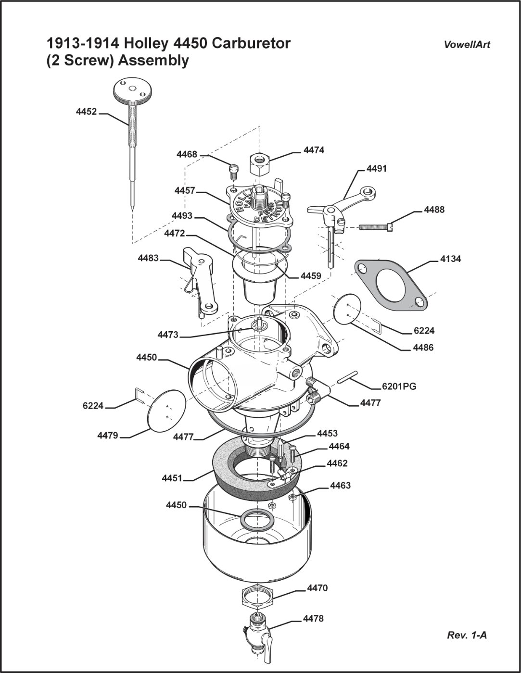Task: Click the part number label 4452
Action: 86,112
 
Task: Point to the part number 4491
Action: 376,169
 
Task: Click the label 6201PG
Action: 399,386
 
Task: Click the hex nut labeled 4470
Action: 257,597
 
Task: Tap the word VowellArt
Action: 467,45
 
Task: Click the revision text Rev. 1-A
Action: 467,635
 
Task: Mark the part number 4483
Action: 148,258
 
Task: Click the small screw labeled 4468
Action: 233,170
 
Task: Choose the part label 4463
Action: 340,486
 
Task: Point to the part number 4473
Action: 168,334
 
